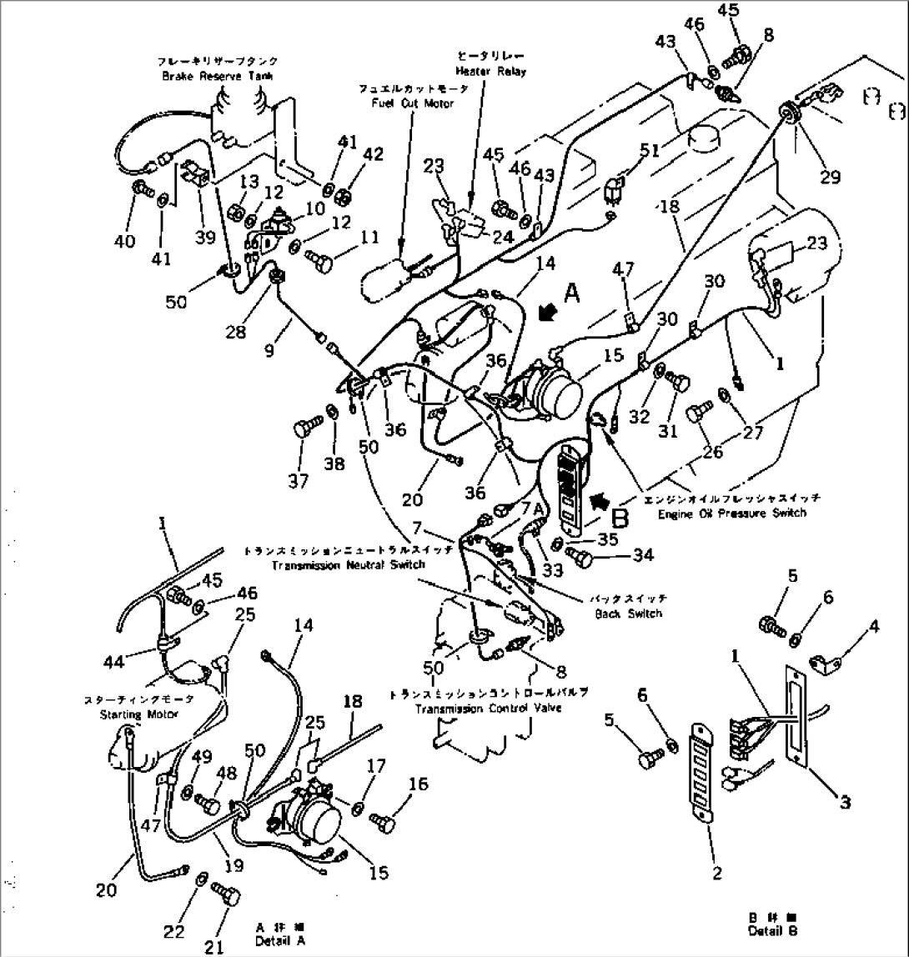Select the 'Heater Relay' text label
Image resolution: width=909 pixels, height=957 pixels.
490,72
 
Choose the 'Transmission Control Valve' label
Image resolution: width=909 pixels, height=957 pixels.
490,709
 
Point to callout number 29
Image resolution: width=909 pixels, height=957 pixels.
830,176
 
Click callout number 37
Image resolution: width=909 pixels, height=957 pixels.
299,481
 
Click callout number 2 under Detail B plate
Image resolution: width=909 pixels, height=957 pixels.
716,874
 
